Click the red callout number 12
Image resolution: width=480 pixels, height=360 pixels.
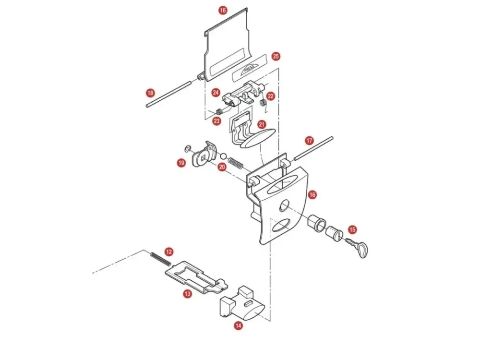point(168,252)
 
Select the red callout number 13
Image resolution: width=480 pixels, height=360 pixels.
point(187,294)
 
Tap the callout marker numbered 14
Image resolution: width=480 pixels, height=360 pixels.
point(238,326)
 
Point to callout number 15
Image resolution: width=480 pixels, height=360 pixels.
point(352,229)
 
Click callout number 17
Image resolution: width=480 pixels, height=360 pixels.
point(309,141)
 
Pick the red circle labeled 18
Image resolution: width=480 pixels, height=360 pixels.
point(150,93)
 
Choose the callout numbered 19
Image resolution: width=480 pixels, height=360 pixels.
point(181,163)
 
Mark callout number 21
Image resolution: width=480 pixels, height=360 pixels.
point(262,125)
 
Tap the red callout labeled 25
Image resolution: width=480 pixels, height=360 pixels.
point(276,56)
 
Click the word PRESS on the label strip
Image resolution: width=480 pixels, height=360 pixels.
point(249,68)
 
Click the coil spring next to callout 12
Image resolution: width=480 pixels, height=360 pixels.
point(160,259)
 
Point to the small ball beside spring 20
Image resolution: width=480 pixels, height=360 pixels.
point(224,156)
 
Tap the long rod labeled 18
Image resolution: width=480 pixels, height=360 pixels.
point(169,94)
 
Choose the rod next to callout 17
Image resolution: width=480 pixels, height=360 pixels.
point(313,148)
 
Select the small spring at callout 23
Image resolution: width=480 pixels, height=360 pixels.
point(219,111)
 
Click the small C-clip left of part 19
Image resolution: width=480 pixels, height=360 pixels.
point(187,148)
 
